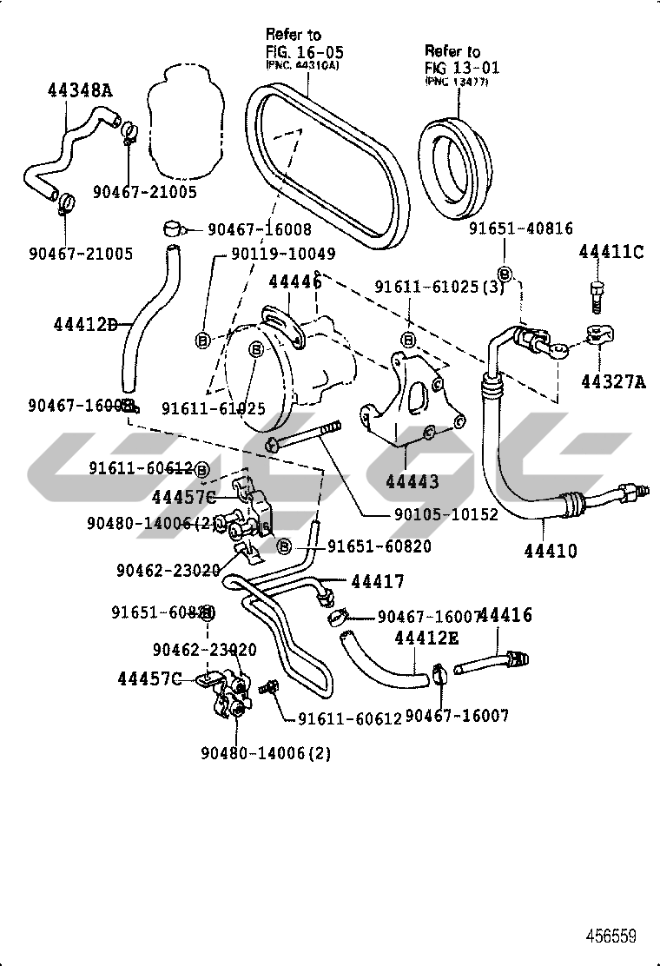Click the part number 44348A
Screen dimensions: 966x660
tap(79, 90)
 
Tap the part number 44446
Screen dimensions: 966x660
tap(294, 281)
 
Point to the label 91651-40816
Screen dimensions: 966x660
tap(521, 228)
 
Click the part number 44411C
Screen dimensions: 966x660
tap(611, 252)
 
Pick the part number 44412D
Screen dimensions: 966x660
tap(85, 324)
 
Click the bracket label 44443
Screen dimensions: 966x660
tap(411, 481)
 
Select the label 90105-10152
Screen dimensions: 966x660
tap(446, 514)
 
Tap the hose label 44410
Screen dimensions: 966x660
tap(551, 551)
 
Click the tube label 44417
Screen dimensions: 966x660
tap(378, 581)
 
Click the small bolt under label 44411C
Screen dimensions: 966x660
tap(597, 297)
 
